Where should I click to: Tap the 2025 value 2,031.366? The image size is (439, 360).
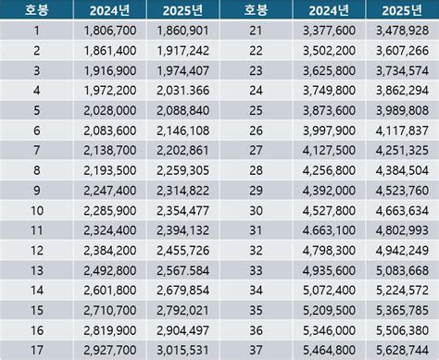pos(180,92)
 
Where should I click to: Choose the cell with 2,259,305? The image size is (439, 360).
pos(180,169)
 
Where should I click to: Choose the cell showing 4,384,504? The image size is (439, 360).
pos(400,169)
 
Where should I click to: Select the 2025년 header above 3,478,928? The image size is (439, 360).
pos(400,12)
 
